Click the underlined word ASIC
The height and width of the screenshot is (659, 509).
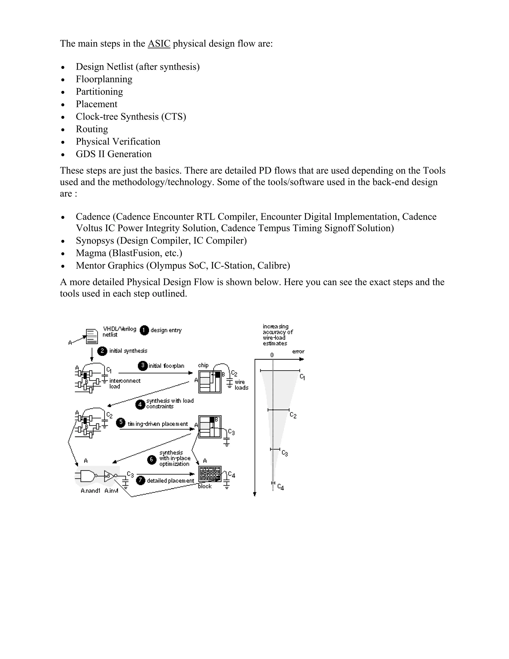pos(159,44)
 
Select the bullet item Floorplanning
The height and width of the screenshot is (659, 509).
pos(104,79)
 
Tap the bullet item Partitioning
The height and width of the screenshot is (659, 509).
pos(99,92)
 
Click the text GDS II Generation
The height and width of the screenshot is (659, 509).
pos(114,154)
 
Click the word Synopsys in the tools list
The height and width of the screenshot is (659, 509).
pos(95,241)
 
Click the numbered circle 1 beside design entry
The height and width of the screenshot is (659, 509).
pos(144,330)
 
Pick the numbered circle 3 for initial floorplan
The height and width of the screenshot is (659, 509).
pos(143,366)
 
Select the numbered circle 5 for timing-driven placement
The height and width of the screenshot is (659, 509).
pos(121,423)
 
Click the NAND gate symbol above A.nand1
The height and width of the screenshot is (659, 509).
pos(88,476)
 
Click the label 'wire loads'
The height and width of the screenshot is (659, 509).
pos(241,385)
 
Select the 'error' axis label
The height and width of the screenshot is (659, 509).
pos(298,352)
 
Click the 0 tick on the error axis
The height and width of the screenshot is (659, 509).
pos(272,355)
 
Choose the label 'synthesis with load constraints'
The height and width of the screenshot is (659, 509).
pos(170,404)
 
